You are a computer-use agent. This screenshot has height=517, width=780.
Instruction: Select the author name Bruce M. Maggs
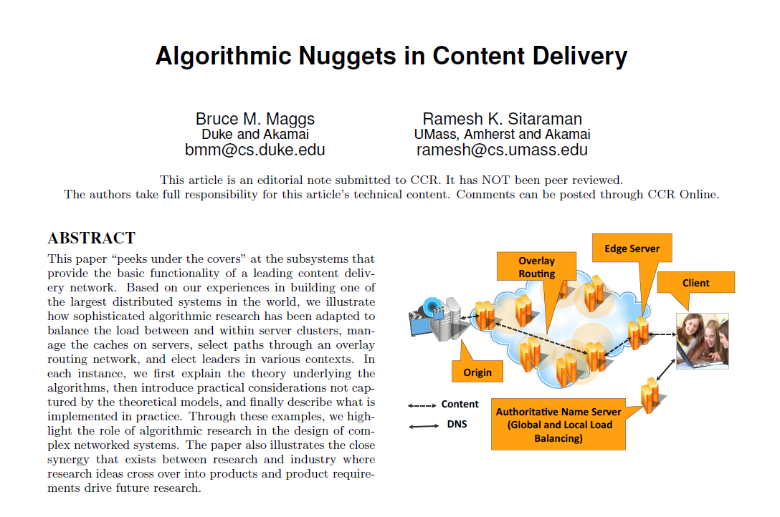click(255, 119)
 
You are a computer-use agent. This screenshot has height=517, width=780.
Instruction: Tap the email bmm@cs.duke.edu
click(255, 150)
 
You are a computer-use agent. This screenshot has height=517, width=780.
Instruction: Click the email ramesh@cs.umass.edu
click(502, 150)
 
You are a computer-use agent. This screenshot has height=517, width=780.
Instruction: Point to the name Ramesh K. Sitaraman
click(502, 119)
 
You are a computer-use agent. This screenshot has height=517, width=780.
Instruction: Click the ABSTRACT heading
click(92, 238)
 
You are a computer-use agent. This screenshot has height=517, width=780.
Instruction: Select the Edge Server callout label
click(632, 248)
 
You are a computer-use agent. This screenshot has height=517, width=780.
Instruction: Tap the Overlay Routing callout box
click(536, 266)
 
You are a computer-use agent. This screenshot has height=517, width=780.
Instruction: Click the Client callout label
click(695, 283)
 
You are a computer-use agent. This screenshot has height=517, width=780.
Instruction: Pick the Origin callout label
click(477, 372)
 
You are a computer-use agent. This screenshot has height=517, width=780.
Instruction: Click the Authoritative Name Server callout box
click(558, 425)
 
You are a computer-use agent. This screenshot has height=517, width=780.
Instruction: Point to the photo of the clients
click(702, 341)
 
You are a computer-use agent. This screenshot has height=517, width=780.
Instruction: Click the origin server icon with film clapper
click(438, 318)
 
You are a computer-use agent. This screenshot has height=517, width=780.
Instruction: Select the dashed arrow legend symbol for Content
click(422, 405)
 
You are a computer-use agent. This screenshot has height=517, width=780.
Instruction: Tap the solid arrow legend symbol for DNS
click(423, 425)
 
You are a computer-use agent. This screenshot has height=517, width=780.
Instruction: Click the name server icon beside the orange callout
click(651, 396)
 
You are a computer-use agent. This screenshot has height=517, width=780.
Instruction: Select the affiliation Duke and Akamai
click(255, 134)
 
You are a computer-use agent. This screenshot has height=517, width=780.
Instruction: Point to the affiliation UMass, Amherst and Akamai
click(502, 134)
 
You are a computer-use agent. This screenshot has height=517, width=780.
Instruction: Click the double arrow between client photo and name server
click(666, 369)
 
